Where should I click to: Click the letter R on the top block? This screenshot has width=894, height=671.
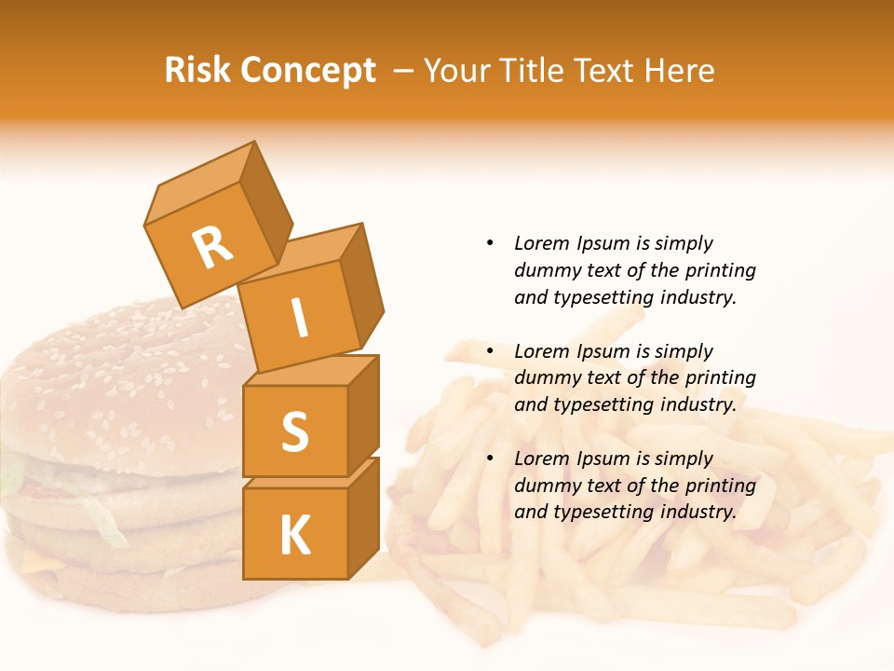pyautogui.click(x=211, y=247)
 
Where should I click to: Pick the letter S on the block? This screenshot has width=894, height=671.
pyautogui.click(x=294, y=431)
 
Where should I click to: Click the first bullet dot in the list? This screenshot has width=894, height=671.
pyautogui.click(x=490, y=244)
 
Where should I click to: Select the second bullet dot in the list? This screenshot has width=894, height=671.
pyautogui.click(x=490, y=352)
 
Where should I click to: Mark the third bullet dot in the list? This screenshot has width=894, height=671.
pyautogui.click(x=490, y=459)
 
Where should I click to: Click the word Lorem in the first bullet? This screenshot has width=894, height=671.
pyautogui.click(x=541, y=244)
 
